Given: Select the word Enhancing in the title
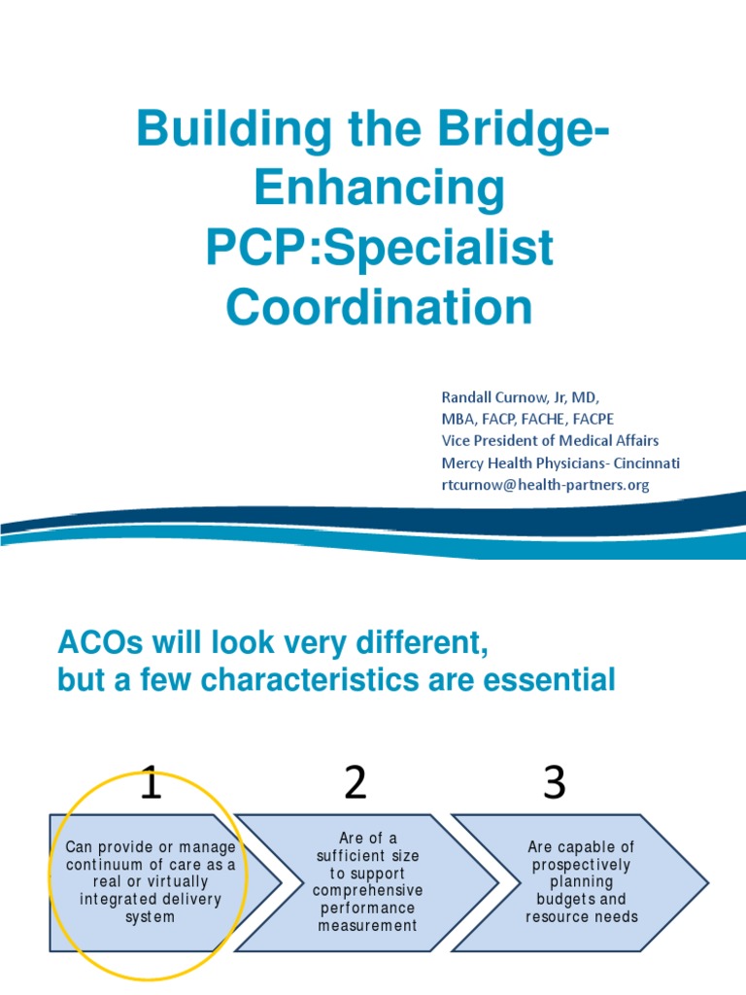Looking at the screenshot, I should click(x=379, y=189).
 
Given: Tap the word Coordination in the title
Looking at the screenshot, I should click(x=379, y=307).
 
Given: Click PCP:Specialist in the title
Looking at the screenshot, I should click(x=379, y=248).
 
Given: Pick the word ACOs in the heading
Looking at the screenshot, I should click(x=94, y=642).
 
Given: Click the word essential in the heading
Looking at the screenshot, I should click(x=549, y=680).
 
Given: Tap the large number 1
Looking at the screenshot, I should click(x=151, y=782).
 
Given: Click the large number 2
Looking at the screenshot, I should click(x=356, y=782).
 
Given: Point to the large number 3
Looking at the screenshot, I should click(x=555, y=782).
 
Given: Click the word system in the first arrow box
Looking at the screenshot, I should click(x=150, y=917).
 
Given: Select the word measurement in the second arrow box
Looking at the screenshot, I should click(x=367, y=925).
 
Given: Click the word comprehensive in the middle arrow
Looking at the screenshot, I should click(x=367, y=890).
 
